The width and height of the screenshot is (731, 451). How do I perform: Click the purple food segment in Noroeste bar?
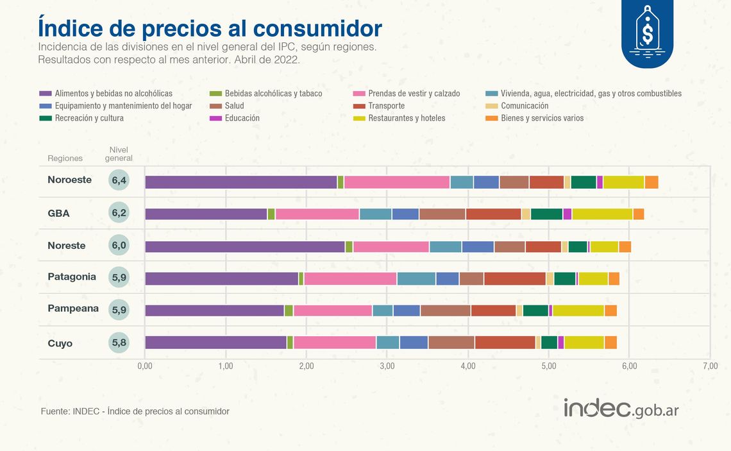(241, 182)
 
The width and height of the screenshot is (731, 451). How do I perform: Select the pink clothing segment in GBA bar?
(317, 214)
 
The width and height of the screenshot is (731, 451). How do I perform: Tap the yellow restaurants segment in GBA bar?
(602, 214)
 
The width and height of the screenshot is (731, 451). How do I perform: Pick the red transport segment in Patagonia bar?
(515, 278)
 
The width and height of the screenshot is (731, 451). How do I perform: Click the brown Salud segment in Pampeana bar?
(446, 311)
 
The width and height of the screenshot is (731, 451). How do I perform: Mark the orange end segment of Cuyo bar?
(610, 343)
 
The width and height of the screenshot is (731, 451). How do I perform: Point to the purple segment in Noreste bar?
(245, 247)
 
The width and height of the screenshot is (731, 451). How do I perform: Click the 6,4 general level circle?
(119, 180)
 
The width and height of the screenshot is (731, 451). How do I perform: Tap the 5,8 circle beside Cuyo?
(119, 343)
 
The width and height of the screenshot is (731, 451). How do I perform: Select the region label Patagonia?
(72, 277)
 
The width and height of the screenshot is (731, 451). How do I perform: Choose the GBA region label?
(58, 213)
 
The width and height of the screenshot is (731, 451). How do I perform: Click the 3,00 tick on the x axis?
(387, 366)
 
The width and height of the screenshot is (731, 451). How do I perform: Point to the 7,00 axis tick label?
(709, 366)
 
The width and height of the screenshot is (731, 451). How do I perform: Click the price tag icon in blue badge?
(647, 30)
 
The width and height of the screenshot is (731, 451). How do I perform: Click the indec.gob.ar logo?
(621, 409)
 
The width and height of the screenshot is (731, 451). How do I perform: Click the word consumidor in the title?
(317, 28)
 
